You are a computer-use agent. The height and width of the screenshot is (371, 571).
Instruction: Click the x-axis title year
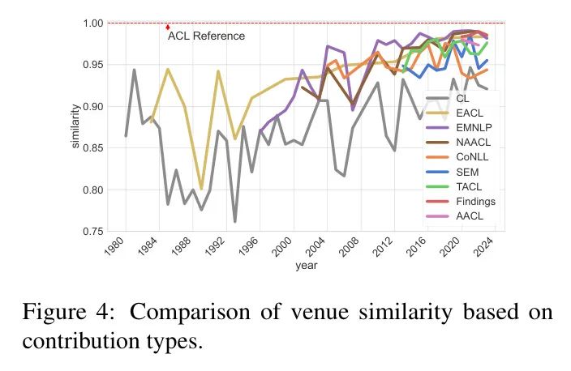[307, 265]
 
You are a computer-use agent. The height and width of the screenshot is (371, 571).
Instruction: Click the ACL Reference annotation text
[206, 36]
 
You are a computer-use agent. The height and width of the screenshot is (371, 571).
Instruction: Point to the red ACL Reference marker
[167, 27]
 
